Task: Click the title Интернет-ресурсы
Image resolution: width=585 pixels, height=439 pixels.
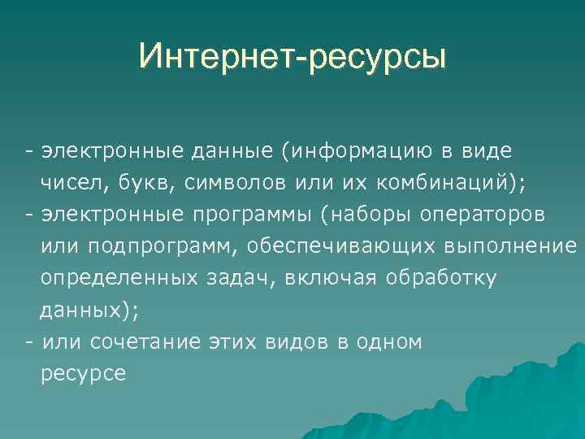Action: pos(292,56)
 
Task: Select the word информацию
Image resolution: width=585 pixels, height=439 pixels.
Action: pos(395,151)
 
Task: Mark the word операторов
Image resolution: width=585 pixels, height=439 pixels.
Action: pos(483,215)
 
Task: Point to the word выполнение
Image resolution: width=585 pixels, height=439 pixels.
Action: pos(511,246)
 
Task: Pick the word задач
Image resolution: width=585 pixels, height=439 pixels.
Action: pos(236,278)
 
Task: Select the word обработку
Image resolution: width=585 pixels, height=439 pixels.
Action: pos(441,278)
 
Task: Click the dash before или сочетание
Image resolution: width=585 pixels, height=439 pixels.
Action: pos(29,341)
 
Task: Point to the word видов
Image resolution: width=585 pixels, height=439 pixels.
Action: pos(296,341)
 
